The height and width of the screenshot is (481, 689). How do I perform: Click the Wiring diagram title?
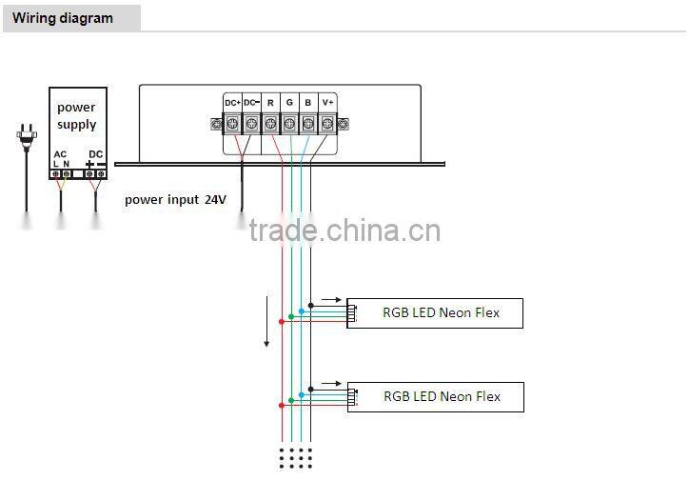[x=62, y=18]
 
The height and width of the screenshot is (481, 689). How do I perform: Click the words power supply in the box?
[x=77, y=116]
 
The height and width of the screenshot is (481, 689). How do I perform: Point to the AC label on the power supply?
[x=61, y=153]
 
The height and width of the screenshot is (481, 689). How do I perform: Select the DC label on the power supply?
[x=96, y=153]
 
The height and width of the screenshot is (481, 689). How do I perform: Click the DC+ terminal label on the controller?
[x=232, y=102]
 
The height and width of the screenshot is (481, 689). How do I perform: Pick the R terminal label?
[x=270, y=102]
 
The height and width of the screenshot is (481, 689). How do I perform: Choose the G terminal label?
[x=289, y=102]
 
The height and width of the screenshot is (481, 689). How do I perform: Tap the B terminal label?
[x=307, y=102]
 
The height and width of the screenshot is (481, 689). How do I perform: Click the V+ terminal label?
[x=327, y=102]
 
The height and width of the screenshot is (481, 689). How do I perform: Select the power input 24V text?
[x=175, y=200]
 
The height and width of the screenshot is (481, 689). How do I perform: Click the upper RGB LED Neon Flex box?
[x=435, y=313]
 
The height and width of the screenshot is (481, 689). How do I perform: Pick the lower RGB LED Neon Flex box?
[x=436, y=397]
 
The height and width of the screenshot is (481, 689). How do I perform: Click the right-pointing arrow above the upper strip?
[x=331, y=299]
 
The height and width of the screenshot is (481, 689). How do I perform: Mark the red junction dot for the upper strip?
[x=282, y=321]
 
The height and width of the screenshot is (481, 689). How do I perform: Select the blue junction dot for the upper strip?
[x=301, y=311]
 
